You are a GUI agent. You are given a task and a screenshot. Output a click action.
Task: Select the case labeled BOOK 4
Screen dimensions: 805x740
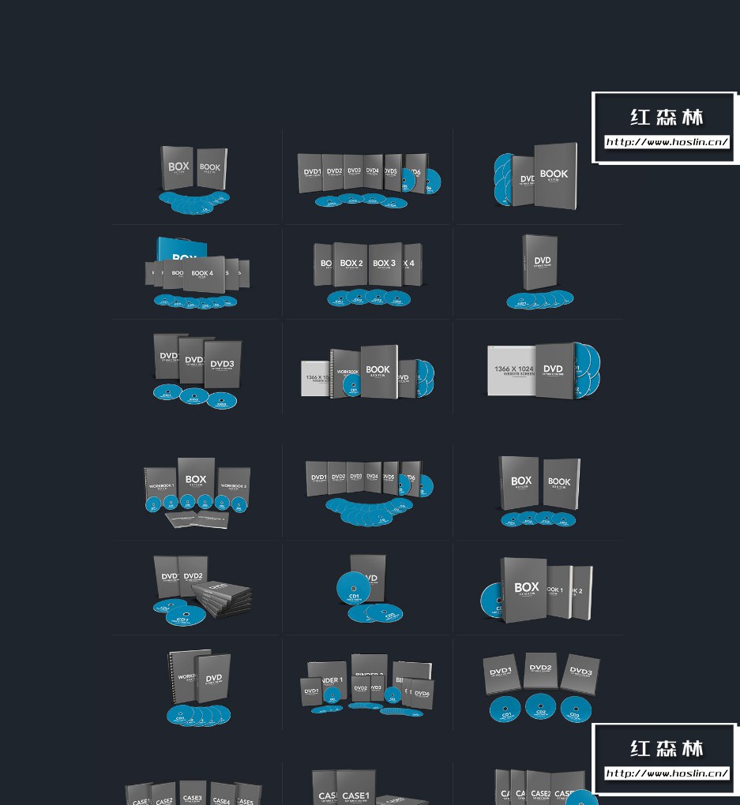202,274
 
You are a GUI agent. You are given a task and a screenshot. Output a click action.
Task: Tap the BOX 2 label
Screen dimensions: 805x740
351,264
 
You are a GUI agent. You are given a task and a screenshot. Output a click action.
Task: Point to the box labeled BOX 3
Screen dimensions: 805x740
385,264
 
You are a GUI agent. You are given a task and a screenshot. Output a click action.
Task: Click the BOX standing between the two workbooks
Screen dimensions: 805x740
196,480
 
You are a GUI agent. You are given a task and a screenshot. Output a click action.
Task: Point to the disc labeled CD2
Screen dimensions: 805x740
540,707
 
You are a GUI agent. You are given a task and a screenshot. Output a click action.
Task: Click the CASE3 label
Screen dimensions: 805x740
192,798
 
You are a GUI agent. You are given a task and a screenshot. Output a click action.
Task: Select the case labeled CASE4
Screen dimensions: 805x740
222,799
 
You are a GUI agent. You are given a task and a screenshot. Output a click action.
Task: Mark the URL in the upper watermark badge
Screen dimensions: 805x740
667,143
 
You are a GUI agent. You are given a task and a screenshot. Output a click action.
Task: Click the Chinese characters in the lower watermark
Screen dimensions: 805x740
667,748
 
